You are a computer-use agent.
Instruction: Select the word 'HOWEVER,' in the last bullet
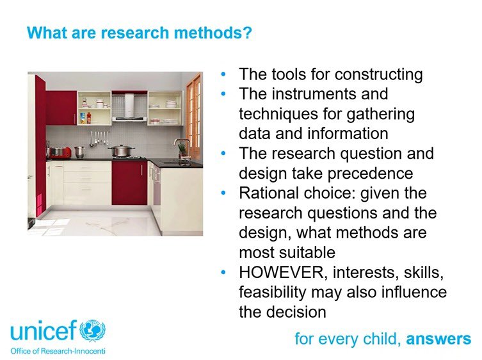click(x=280, y=273)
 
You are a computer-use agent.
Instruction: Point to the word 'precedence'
click(x=373, y=174)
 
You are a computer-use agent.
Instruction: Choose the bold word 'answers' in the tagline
click(x=438, y=338)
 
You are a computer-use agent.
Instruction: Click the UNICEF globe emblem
click(x=93, y=331)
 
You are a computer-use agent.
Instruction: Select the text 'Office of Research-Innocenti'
click(x=57, y=350)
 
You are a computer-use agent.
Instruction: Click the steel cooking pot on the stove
click(x=120, y=151)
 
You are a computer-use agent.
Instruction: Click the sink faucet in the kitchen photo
click(x=182, y=148)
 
